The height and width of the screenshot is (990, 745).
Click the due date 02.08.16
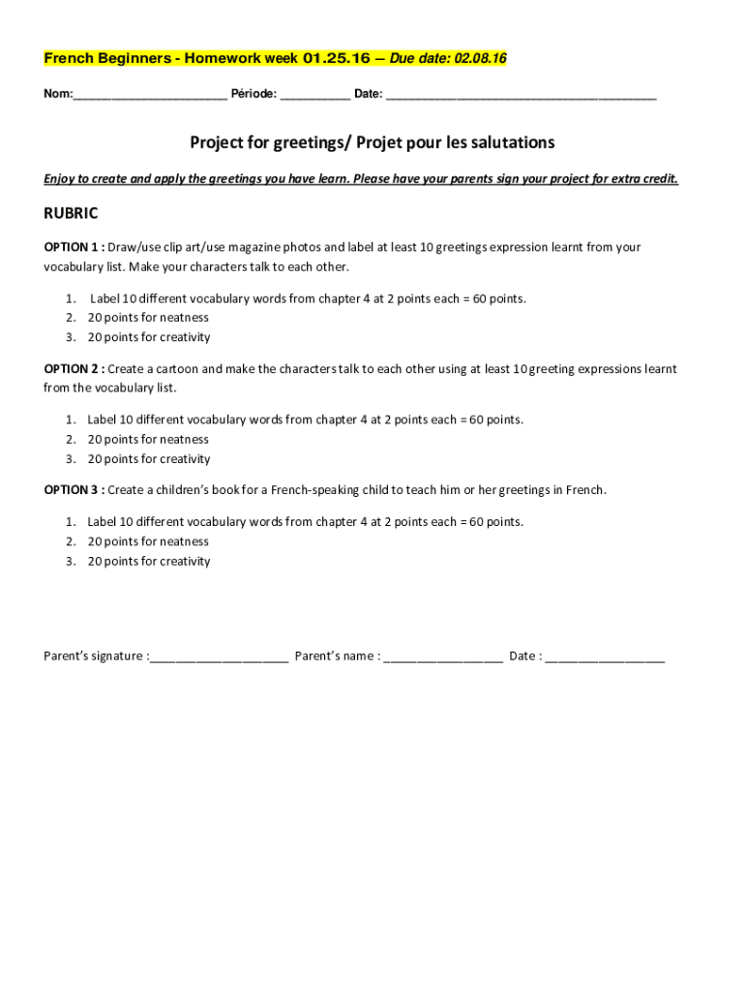tap(475, 59)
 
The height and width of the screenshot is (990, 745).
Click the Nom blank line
tap(150, 96)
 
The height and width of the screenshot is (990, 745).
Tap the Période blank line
tap(315, 96)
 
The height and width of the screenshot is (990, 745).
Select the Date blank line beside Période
tap(521, 96)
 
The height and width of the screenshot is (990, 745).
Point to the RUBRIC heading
tap(71, 214)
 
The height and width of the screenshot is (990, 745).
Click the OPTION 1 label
tap(73, 247)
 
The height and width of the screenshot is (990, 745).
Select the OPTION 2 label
tap(73, 369)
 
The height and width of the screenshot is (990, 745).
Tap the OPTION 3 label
tap(73, 490)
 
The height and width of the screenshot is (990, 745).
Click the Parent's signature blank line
tap(219, 657)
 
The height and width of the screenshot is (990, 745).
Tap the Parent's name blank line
tap(443, 657)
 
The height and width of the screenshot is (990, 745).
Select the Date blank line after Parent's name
tap(605, 657)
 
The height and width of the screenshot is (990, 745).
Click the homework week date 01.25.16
tap(337, 59)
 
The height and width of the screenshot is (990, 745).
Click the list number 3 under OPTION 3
tap(71, 562)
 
